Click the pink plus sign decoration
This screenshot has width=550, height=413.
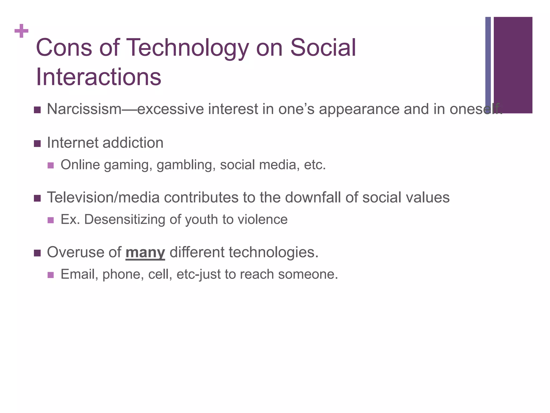coord(21,31)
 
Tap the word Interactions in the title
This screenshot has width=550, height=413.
coord(98,77)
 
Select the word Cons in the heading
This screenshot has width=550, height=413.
coord(64,48)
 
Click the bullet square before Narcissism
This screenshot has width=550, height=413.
coord(37,110)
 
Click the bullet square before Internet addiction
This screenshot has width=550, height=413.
coord(37,144)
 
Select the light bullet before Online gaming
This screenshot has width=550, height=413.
coord(50,165)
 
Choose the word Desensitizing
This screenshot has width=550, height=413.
coord(125,219)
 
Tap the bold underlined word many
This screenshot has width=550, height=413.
coord(145,253)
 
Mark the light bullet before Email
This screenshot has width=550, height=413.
coord(50,275)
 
